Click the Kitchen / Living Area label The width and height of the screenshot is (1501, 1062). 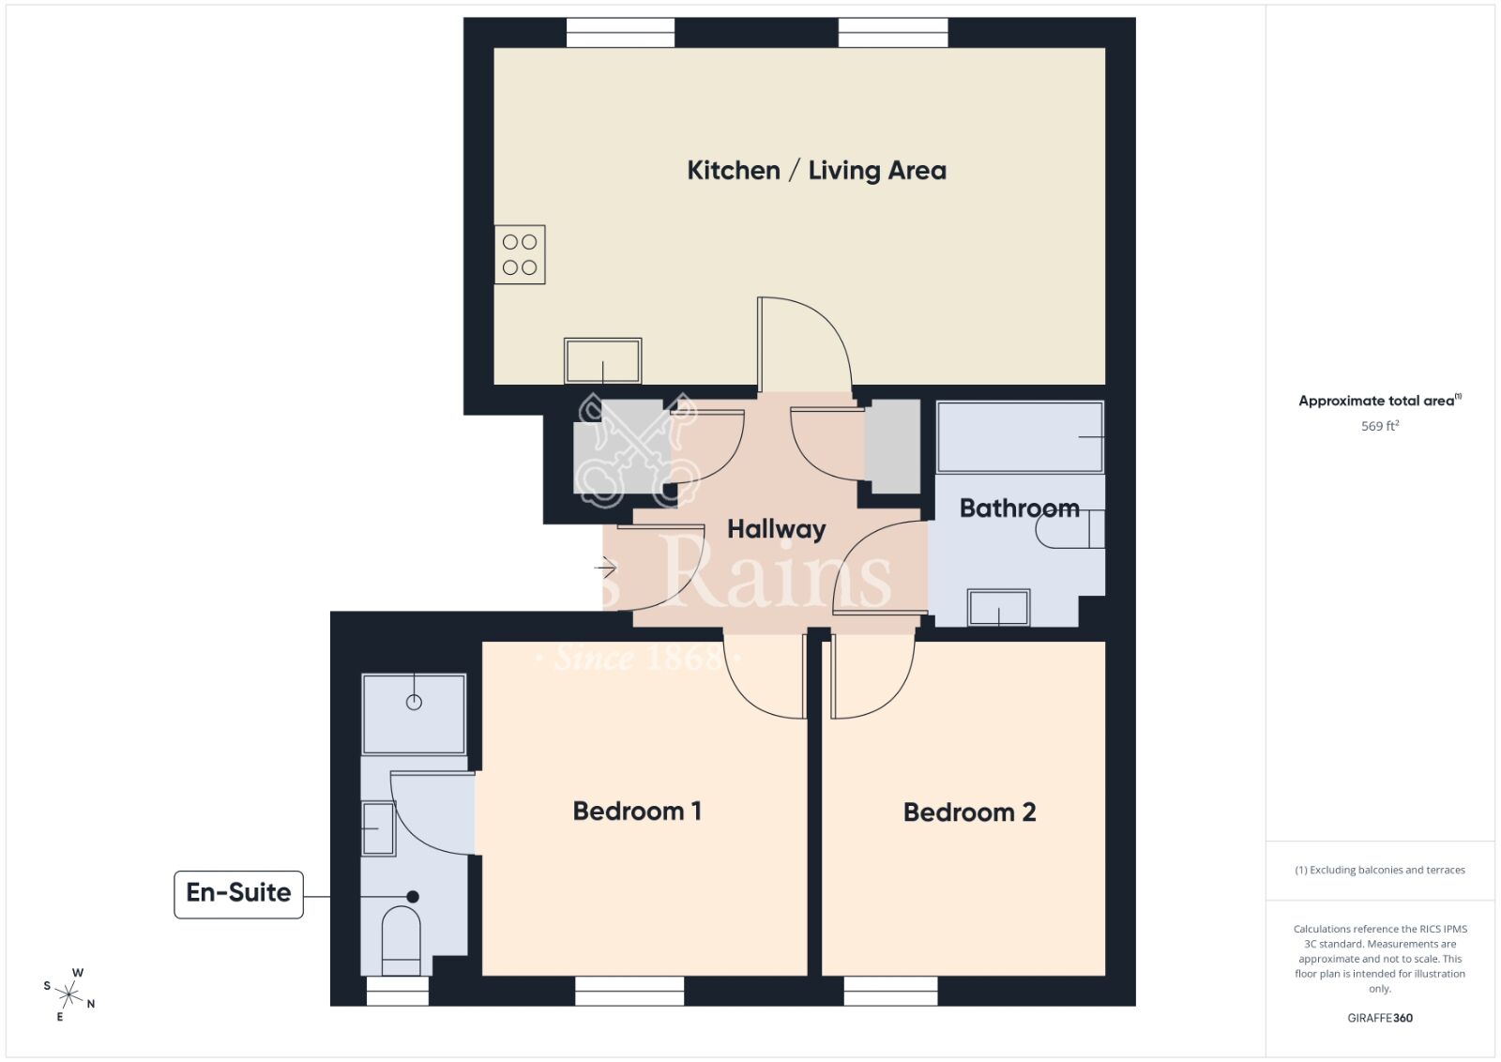816,171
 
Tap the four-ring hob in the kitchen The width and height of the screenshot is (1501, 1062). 520,254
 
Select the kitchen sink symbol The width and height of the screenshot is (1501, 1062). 602,361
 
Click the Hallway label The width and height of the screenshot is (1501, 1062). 776,529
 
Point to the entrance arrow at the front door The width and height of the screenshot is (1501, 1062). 605,568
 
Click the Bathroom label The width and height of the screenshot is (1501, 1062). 1019,508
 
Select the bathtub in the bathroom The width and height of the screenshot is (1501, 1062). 1020,437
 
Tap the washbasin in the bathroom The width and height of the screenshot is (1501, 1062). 999,608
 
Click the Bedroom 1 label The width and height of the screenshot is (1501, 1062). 637,812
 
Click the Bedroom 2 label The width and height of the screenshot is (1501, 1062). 969,812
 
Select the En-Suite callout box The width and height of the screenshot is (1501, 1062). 238,893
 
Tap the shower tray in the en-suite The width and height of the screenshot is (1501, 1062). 414,713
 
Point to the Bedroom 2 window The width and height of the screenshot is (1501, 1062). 890,991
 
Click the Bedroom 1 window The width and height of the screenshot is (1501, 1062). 629,991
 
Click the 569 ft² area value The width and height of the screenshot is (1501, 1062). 1380,426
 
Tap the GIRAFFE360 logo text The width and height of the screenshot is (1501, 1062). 1380,1018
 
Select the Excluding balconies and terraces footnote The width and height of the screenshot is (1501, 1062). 1380,871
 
